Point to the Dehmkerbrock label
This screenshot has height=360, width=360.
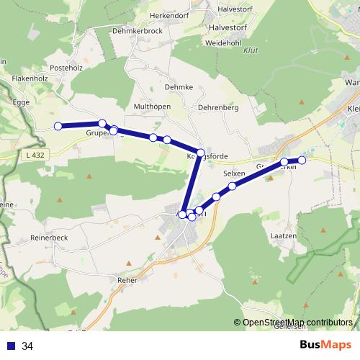point(138,32)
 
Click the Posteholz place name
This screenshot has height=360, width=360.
point(67,67)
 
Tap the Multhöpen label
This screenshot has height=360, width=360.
point(152,107)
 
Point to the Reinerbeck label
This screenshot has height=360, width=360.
point(50,237)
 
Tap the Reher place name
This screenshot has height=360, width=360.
point(126,279)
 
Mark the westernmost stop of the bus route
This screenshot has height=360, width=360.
point(58,127)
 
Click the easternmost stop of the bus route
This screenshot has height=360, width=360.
point(302,160)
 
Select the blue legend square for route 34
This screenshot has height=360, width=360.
point(11,346)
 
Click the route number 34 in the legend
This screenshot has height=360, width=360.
point(27,346)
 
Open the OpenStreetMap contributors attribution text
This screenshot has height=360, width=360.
point(297,323)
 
